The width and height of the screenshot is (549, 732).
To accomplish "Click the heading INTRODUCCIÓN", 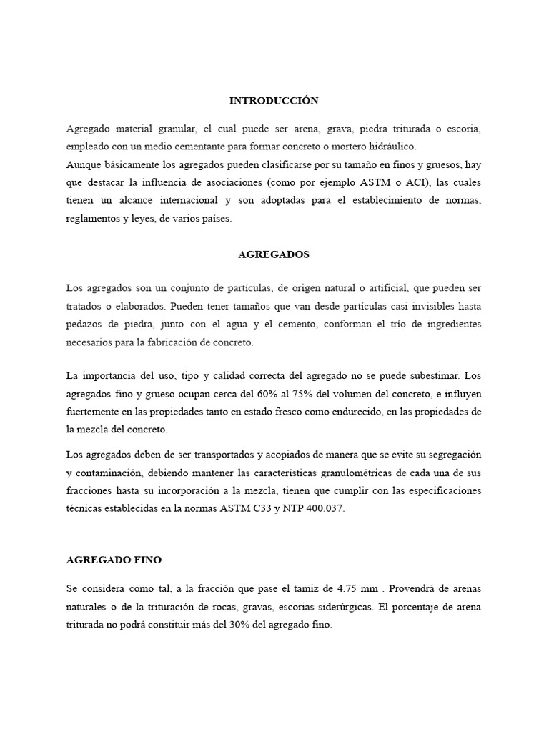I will point(274,101).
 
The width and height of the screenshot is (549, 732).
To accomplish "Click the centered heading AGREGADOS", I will point(274,254).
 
